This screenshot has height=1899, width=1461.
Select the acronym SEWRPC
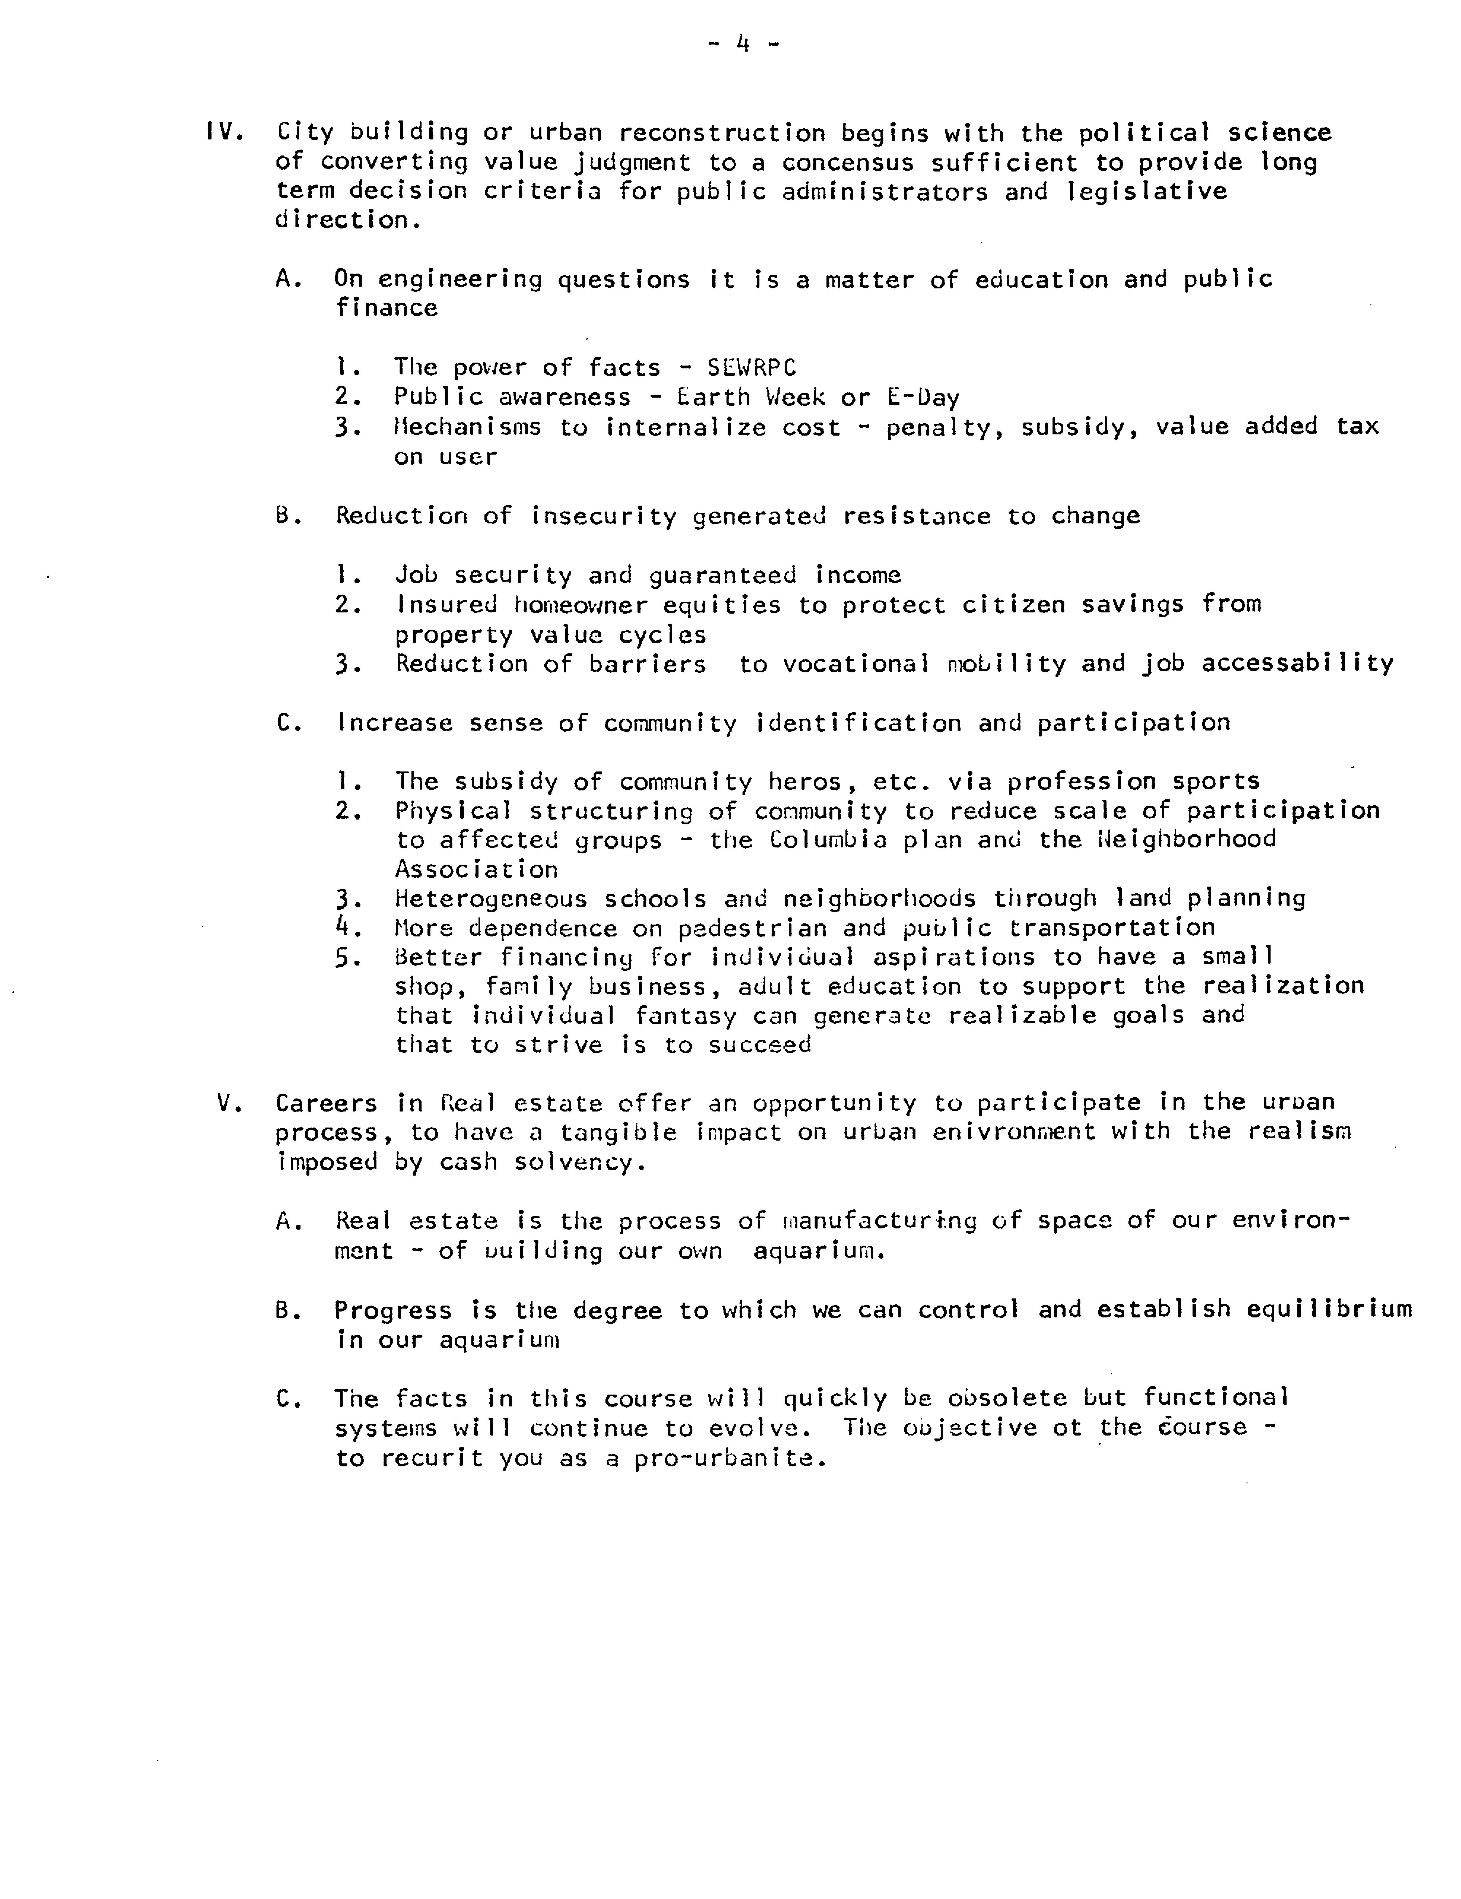pos(751,368)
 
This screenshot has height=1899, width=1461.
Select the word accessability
pos(1298,663)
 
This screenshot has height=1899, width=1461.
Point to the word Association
pos(476,869)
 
